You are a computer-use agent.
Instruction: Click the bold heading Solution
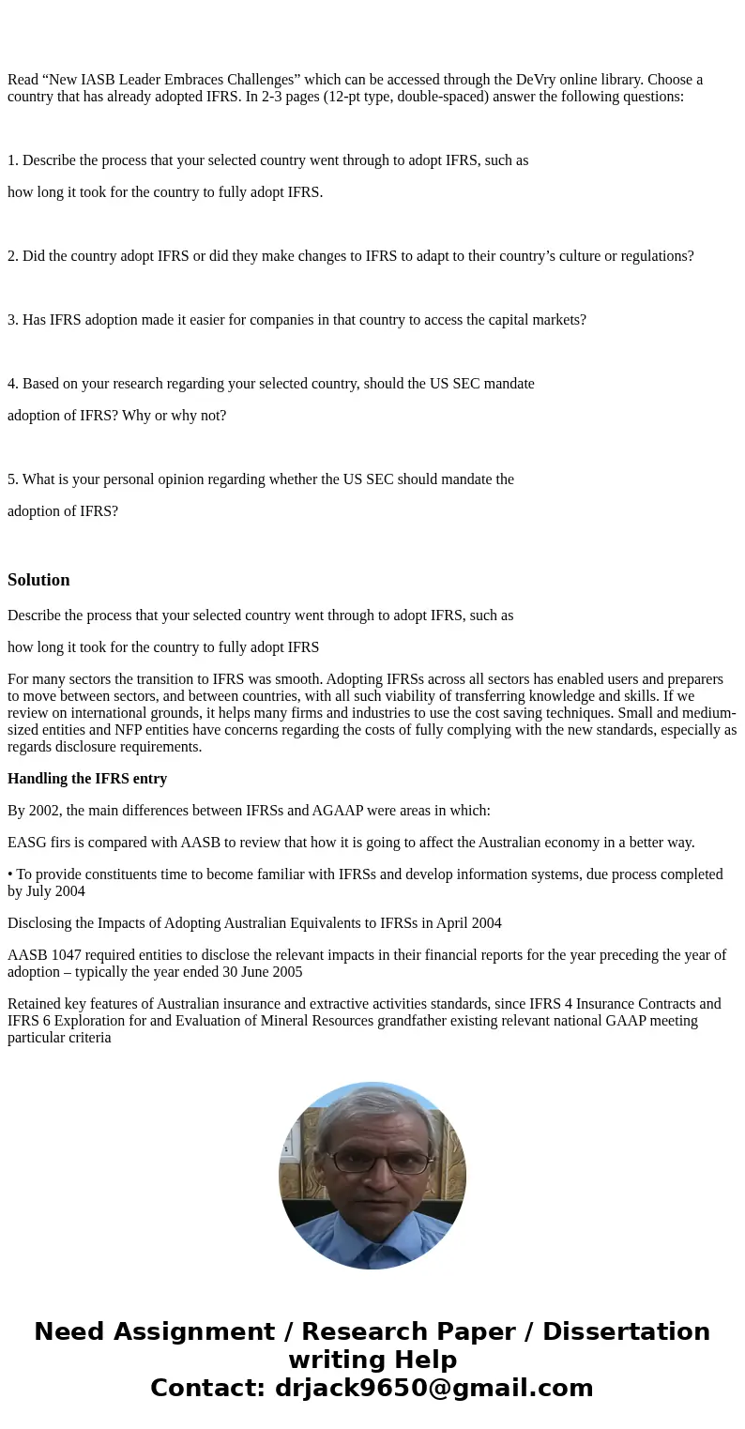click(38, 580)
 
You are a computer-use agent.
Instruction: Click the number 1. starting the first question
click(13, 160)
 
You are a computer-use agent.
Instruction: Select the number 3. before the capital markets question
click(13, 320)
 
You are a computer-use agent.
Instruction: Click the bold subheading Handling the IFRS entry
click(87, 779)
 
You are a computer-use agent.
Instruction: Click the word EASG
click(26, 843)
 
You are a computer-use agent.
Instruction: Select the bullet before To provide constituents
click(10, 874)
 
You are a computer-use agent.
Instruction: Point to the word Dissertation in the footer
click(626, 1332)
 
